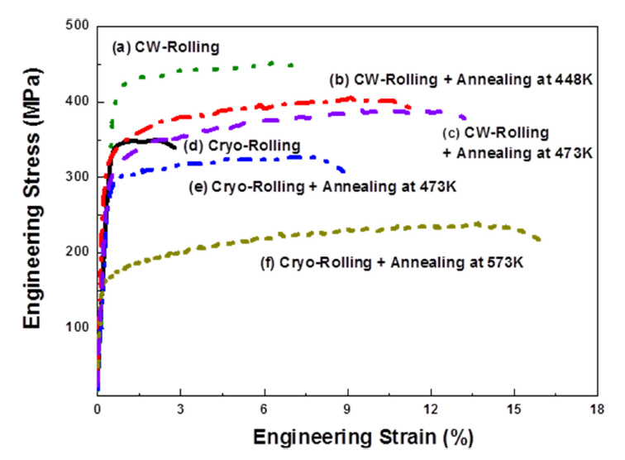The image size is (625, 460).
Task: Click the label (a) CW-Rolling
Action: (165, 48)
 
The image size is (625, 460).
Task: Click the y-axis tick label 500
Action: (78, 26)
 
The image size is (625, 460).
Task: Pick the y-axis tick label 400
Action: (78, 102)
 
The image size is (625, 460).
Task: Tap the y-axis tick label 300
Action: (78, 176)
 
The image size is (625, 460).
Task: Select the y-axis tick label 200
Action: (78, 252)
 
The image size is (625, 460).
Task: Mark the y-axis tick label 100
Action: (78, 326)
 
